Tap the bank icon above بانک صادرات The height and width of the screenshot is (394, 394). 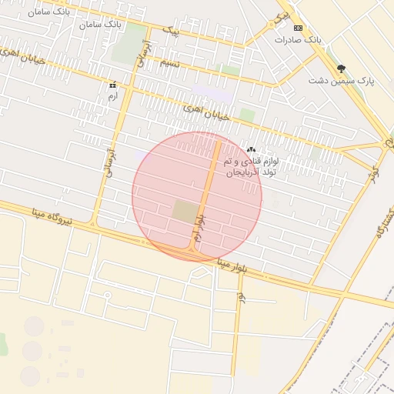tap(299, 27)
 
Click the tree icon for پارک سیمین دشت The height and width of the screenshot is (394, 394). tap(342, 68)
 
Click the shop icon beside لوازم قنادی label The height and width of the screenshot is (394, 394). tap(251, 149)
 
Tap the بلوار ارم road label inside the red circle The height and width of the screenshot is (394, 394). tap(199, 230)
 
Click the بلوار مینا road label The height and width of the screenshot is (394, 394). tap(232, 267)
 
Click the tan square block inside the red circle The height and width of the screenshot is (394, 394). tap(185, 212)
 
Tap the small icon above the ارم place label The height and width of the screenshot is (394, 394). tap(113, 85)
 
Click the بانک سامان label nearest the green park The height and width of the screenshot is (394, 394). tap(101, 25)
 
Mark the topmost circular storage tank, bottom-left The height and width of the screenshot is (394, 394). tap(33, 326)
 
